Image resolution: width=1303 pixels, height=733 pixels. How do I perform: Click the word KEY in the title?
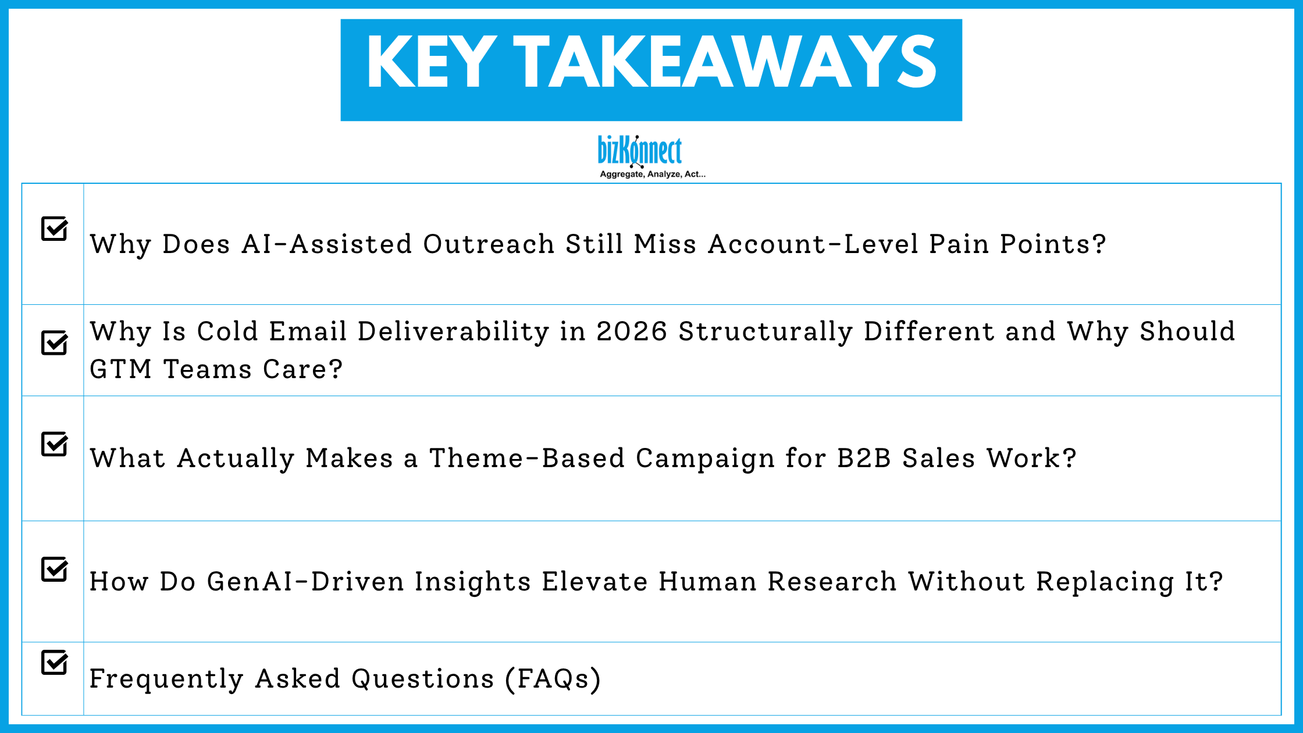pos(431,62)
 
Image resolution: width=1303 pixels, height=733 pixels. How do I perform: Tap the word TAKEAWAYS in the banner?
pos(724,62)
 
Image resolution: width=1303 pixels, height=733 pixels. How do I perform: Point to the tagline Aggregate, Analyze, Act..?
pos(652,174)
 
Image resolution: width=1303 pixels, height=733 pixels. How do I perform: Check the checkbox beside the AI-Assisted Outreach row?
pos(54,229)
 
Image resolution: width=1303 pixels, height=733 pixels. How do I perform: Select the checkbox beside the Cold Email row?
pos(54,343)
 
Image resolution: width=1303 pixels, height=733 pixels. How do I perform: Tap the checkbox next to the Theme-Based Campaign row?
pos(54,444)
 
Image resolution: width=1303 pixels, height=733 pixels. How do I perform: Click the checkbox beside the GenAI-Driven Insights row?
pos(54,570)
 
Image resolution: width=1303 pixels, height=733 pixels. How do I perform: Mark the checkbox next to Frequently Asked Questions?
pos(54,663)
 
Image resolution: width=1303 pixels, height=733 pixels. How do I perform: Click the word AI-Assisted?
pos(327,244)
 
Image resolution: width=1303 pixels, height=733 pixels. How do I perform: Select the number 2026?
pos(632,332)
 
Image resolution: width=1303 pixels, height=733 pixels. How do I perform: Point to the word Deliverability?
pos(453,332)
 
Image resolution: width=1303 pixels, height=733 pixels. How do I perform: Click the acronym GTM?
pos(120,369)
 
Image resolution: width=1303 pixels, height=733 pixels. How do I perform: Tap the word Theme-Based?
pos(526,458)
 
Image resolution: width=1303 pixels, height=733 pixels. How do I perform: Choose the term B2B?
pos(864,458)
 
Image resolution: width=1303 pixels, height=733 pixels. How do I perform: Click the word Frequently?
pos(166,679)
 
